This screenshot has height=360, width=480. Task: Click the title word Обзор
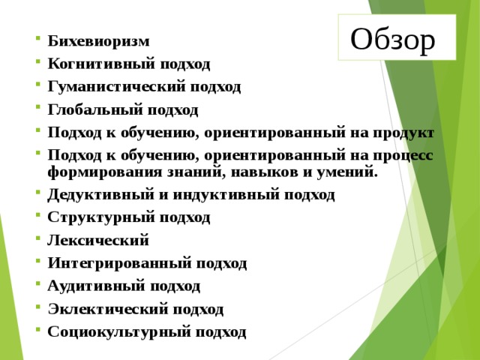click(x=392, y=40)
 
